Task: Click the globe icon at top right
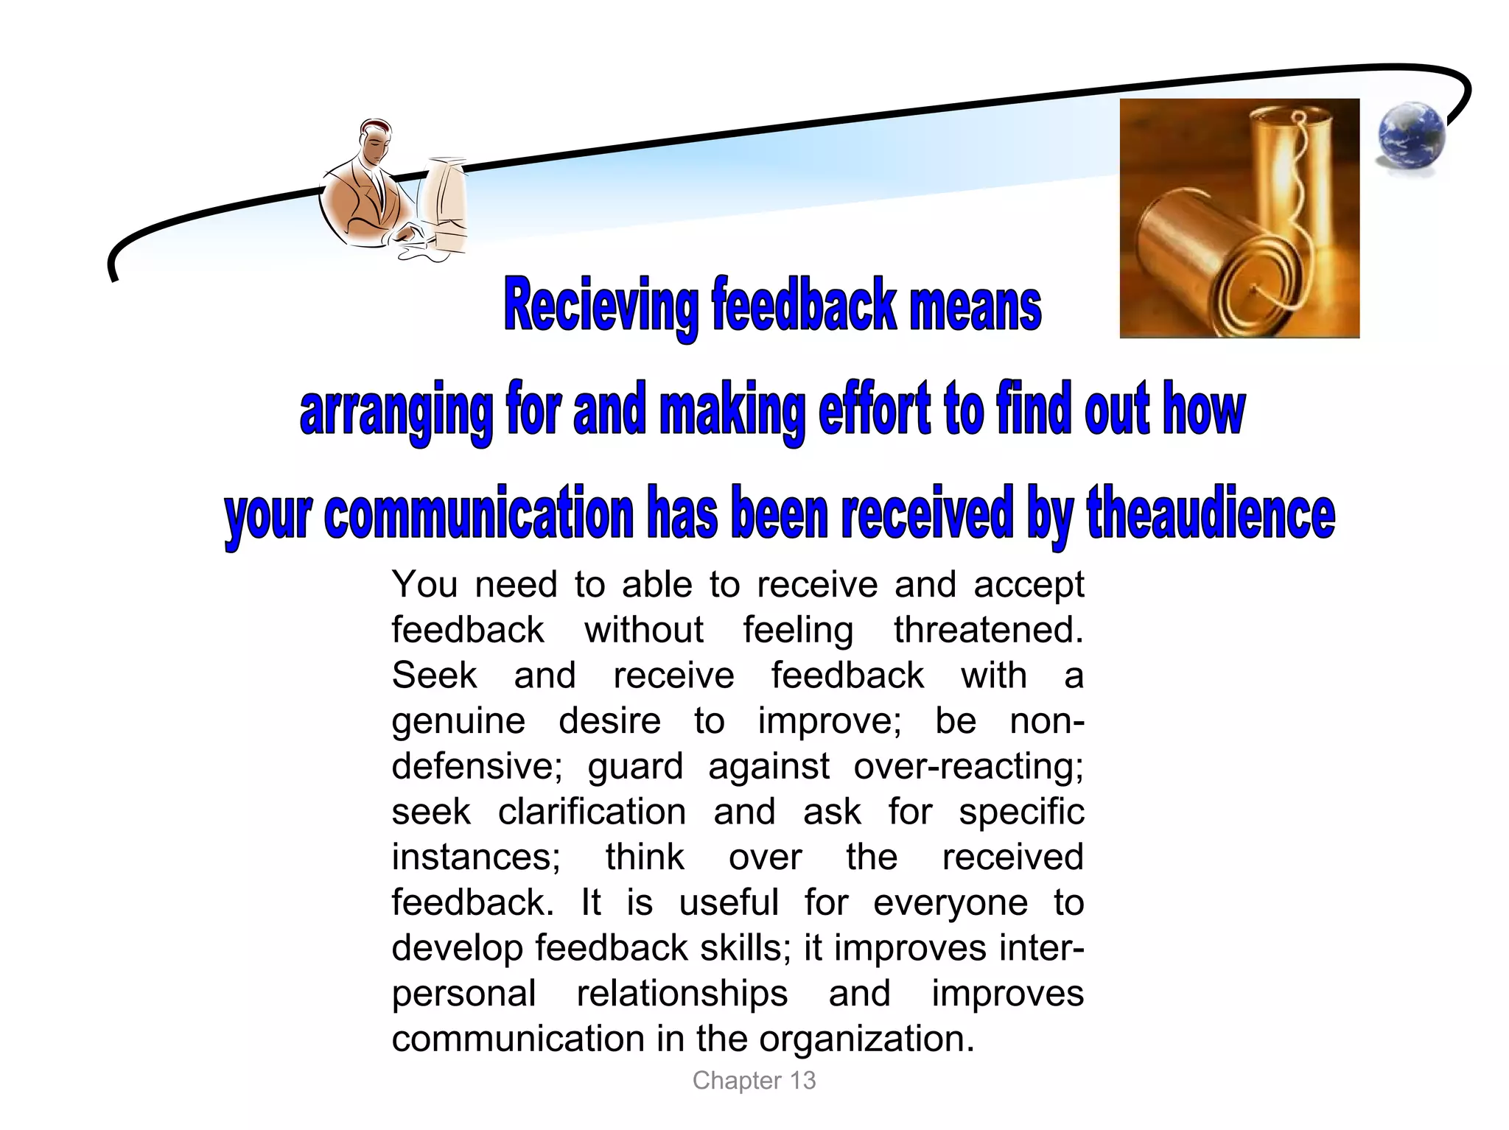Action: pyautogui.click(x=1410, y=138)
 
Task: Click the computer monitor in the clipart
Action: pyautogui.click(x=444, y=199)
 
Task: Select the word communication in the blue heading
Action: pyautogui.click(x=479, y=514)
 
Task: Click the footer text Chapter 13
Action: pyautogui.click(x=754, y=1081)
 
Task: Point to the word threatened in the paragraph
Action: pyautogui.click(x=988, y=631)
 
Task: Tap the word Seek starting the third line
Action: pyautogui.click(x=434, y=675)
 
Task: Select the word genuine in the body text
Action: pyautogui.click(x=458, y=721)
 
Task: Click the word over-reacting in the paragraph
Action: pyautogui.click(x=968, y=766)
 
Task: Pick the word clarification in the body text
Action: pyautogui.click(x=592, y=812)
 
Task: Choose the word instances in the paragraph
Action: pyautogui.click(x=476, y=857)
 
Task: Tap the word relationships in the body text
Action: pyautogui.click(x=682, y=993)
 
